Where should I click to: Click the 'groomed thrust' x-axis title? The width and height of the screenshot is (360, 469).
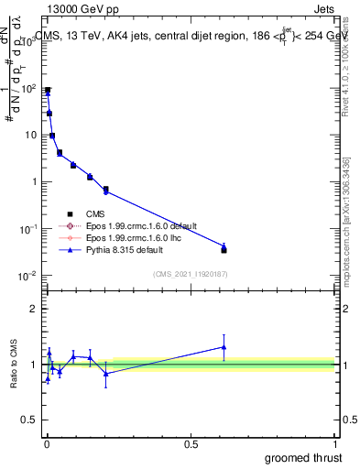303,457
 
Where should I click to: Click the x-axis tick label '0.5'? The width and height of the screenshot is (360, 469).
191,444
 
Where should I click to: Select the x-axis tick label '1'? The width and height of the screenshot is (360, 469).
334,444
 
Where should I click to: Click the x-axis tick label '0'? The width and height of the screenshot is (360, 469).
47,444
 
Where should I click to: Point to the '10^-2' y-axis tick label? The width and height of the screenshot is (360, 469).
27,275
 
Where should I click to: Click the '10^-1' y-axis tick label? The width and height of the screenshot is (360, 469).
27,228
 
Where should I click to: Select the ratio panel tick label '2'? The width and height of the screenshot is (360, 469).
35,309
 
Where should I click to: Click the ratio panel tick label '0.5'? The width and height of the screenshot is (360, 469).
30,420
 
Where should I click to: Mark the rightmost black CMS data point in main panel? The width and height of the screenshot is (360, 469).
224,249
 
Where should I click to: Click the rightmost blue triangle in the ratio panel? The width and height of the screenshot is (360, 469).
224,346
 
